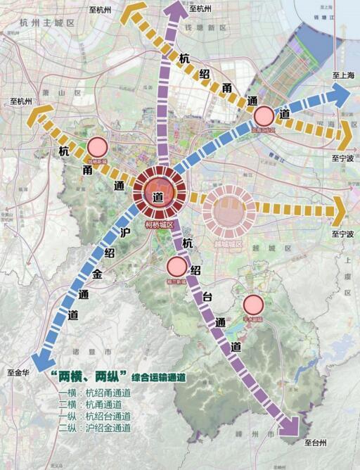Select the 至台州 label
pos(316,444)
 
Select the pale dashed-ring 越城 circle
pos(229,209)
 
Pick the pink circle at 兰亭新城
pos(176,267)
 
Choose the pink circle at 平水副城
pos(253,305)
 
